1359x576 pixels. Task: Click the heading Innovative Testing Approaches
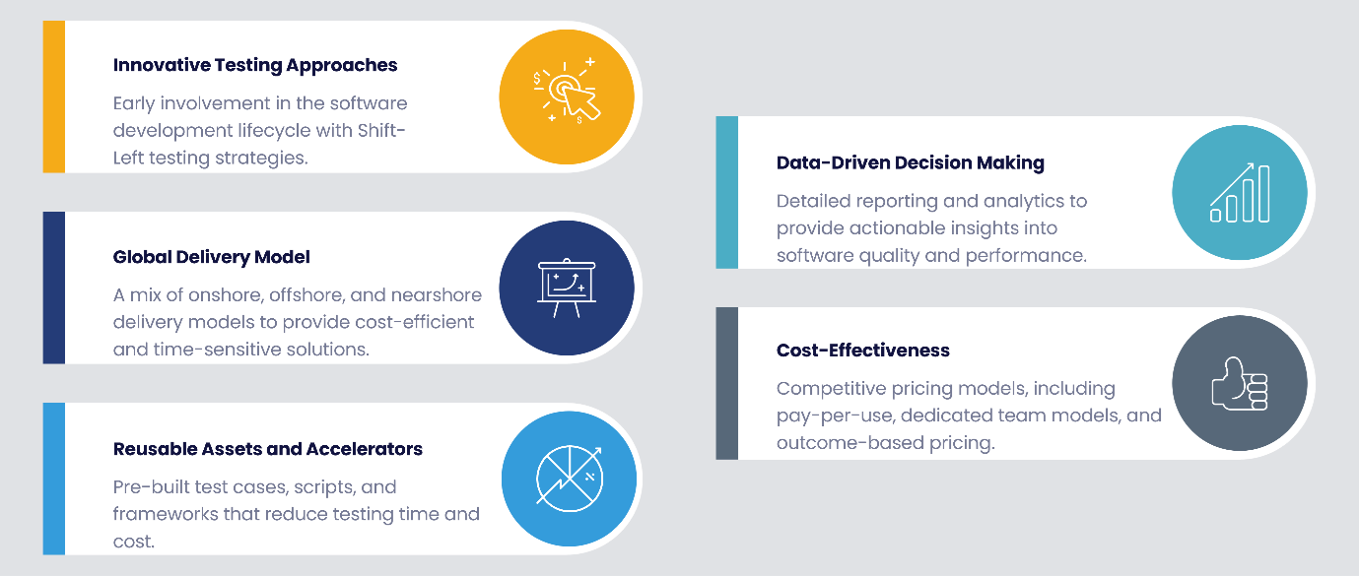click(255, 66)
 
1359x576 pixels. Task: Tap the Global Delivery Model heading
click(211, 257)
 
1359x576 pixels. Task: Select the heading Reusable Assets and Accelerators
click(267, 449)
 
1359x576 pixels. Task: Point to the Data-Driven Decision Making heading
click(910, 163)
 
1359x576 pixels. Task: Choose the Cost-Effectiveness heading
click(862, 350)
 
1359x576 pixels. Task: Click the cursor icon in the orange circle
click(566, 93)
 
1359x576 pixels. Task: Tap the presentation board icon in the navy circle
click(567, 288)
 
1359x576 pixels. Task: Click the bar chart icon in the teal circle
click(1240, 193)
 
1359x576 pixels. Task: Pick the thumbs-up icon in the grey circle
click(1239, 384)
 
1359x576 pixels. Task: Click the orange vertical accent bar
click(54, 97)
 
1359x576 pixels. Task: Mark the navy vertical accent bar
click(54, 288)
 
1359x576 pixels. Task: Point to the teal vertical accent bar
click(727, 192)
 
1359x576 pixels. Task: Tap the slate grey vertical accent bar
click(727, 383)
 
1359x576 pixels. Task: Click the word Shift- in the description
click(381, 130)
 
